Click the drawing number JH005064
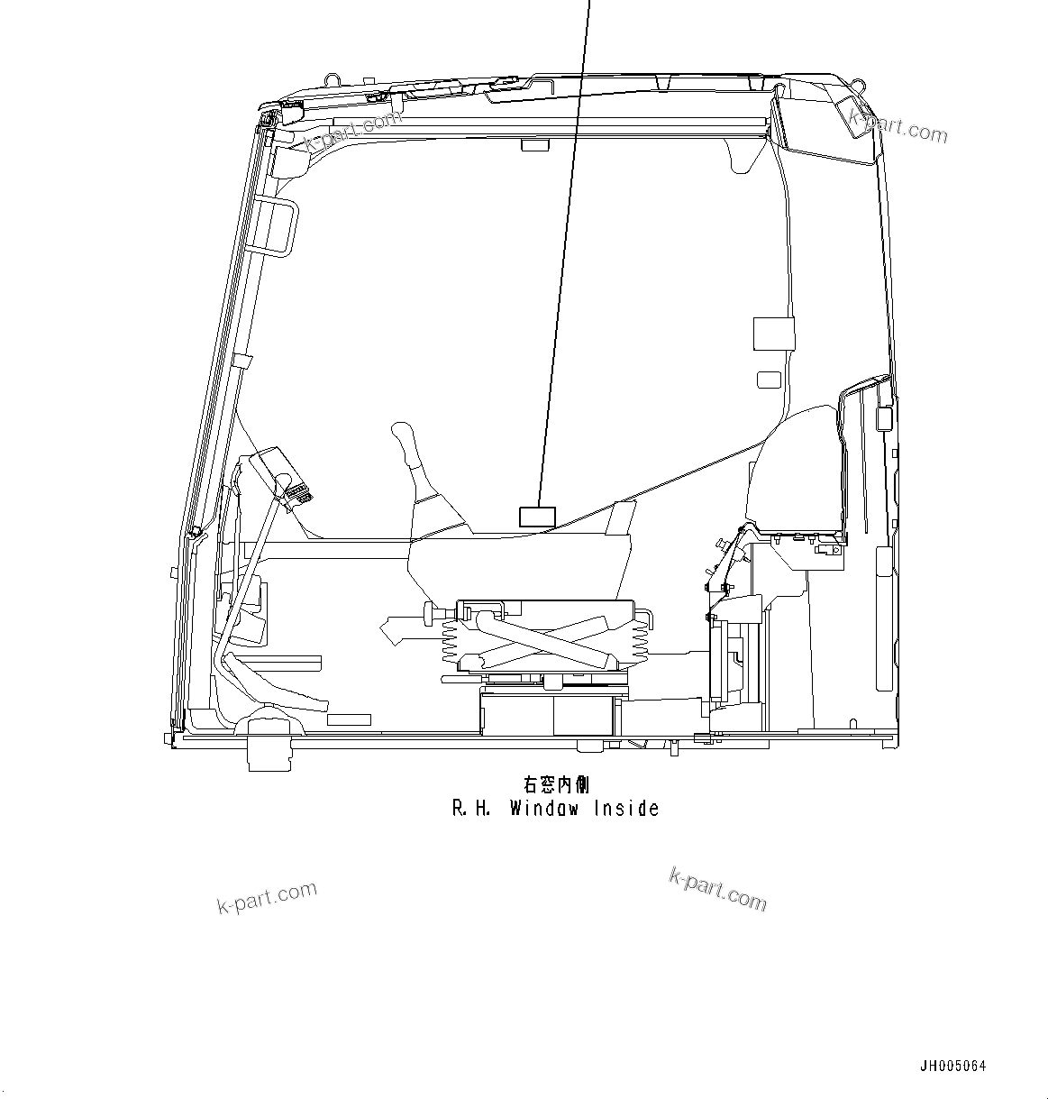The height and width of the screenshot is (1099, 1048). pyautogui.click(x=952, y=1066)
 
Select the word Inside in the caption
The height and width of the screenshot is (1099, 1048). pyautogui.click(x=626, y=809)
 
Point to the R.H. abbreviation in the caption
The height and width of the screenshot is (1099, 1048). pyautogui.click(x=470, y=809)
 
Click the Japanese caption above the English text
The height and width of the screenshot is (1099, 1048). pyautogui.click(x=556, y=785)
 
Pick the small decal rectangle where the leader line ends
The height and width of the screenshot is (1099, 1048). pyautogui.click(x=537, y=517)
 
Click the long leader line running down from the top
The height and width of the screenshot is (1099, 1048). pyautogui.click(x=563, y=270)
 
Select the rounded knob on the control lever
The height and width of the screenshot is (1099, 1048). pyautogui.click(x=403, y=436)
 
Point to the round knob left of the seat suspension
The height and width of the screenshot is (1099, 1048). pyautogui.click(x=427, y=616)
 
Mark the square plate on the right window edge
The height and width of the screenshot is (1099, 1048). pyautogui.click(x=773, y=334)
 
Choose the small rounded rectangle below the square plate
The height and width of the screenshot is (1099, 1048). pyautogui.click(x=768, y=380)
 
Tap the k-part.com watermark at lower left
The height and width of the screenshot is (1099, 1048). pyautogui.click(x=268, y=898)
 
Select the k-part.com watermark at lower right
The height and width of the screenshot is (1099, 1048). pyautogui.click(x=718, y=888)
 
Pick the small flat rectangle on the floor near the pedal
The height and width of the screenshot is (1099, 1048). pyautogui.click(x=349, y=719)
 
